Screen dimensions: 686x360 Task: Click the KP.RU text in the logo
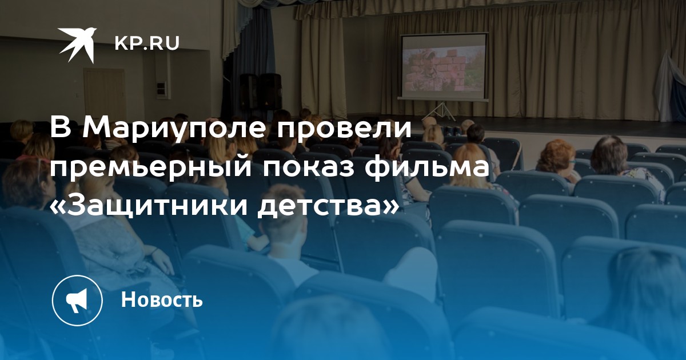tap(147, 43)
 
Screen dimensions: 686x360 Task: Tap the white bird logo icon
tap(78, 45)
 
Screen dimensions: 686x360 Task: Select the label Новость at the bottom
tap(162, 299)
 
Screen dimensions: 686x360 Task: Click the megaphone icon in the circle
tap(77, 301)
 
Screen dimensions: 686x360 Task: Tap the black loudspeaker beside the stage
tap(269, 91)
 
